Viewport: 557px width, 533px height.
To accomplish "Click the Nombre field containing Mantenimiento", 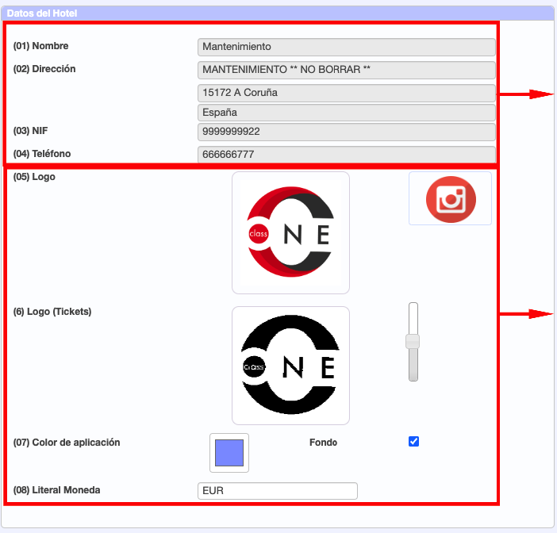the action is [x=347, y=47].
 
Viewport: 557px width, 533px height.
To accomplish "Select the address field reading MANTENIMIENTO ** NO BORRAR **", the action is [x=347, y=70].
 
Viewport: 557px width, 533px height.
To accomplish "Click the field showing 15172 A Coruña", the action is [x=347, y=93].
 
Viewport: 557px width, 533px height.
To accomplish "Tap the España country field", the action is [x=347, y=113].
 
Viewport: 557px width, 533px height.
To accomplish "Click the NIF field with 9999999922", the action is [x=347, y=132].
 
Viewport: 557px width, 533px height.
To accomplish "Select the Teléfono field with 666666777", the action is [x=347, y=155].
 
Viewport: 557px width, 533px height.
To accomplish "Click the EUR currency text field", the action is [x=278, y=491].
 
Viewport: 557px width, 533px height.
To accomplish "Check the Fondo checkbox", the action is [x=413, y=441].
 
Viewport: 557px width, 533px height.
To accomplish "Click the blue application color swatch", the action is [x=229, y=453].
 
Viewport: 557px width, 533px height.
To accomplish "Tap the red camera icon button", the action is [x=451, y=199].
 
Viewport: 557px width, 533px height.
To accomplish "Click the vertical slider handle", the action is [x=413, y=342].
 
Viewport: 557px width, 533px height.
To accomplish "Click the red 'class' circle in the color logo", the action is [x=258, y=234].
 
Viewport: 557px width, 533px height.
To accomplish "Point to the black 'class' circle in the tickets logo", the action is [x=254, y=366].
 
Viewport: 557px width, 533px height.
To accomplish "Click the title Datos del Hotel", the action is [x=42, y=13].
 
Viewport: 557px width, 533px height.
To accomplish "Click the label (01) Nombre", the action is [x=40, y=46].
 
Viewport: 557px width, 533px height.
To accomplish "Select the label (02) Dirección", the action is [x=44, y=69].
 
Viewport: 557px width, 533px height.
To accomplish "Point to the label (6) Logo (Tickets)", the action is [x=52, y=312].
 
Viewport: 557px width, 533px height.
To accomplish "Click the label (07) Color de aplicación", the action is [x=67, y=443].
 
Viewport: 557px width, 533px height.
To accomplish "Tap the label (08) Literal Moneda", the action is [x=56, y=490].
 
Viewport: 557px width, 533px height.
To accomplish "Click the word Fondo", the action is [x=323, y=443].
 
